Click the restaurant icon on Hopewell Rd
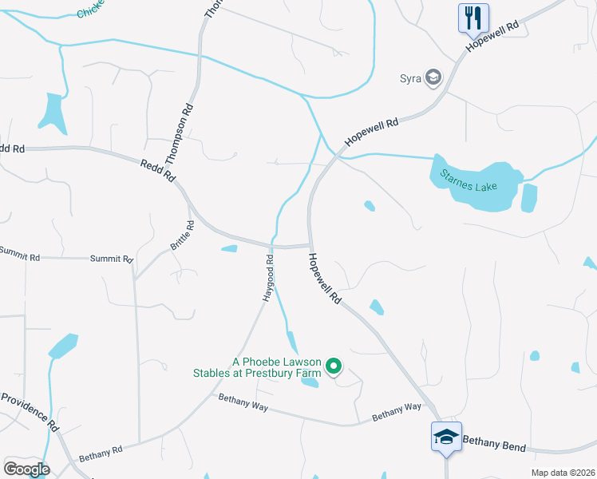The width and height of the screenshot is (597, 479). (x=473, y=17)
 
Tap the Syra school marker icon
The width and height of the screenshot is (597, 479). (x=433, y=77)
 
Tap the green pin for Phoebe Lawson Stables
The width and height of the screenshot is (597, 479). (x=334, y=367)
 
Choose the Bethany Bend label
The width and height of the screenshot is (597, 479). (x=494, y=441)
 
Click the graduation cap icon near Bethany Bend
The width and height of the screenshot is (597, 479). (x=446, y=436)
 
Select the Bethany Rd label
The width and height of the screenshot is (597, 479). (x=101, y=453)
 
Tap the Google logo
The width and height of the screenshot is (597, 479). (x=26, y=469)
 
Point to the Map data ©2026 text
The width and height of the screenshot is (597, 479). (x=561, y=473)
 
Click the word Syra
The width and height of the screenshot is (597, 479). (x=410, y=78)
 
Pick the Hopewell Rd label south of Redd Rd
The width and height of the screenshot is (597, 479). (x=325, y=279)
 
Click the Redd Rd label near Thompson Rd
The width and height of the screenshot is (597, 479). (x=157, y=171)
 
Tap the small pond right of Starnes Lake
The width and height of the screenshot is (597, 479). (x=528, y=198)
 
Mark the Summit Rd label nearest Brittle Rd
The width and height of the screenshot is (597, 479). (x=110, y=259)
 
